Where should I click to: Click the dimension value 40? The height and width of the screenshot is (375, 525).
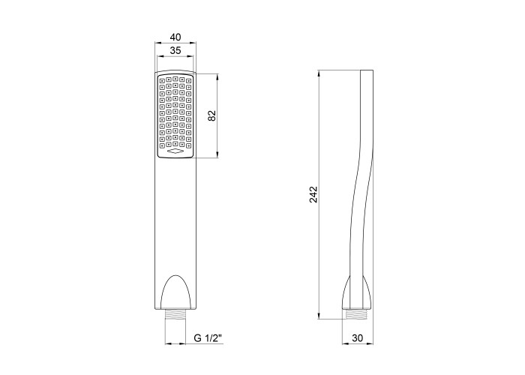(x=175, y=37)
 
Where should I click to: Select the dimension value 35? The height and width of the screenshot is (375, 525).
(x=175, y=50)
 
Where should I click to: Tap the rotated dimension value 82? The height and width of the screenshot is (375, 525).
(x=212, y=115)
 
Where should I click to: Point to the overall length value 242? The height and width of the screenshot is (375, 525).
(x=313, y=194)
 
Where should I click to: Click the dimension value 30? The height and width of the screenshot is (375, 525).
(x=358, y=338)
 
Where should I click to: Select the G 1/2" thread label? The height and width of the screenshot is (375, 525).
(x=208, y=338)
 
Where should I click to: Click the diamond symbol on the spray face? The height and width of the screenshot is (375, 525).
(x=175, y=151)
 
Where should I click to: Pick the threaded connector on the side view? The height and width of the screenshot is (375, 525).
(x=357, y=314)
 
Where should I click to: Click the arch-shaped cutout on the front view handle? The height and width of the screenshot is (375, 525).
(x=175, y=292)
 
